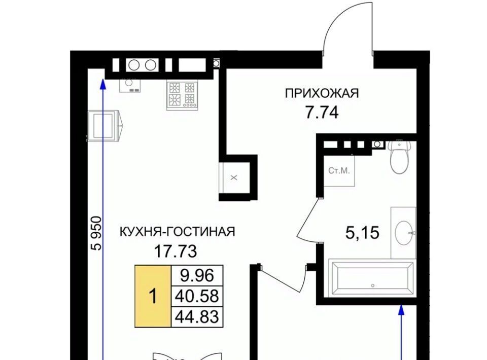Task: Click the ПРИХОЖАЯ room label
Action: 322,93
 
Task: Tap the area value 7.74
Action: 322,113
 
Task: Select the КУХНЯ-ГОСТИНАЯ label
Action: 178,232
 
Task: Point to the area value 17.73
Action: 176,251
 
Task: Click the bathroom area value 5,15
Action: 362,233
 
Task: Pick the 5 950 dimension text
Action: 96,233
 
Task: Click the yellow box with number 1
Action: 153,296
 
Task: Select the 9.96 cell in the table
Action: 197,275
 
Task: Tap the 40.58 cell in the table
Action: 197,296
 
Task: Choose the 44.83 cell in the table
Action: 197,317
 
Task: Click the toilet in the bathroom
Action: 399,156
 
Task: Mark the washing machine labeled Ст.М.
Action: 339,171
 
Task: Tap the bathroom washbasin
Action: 404,232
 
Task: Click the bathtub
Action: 372,278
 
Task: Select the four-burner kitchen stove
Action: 182,95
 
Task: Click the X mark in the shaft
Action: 234,178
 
